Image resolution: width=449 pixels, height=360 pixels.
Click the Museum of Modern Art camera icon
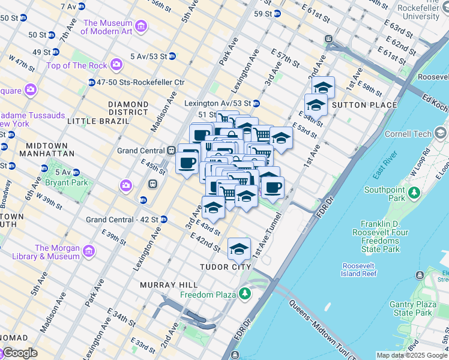click(141, 26)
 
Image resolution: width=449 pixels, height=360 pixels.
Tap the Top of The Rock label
click(76, 65)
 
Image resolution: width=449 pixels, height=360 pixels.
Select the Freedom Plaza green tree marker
click(244, 293)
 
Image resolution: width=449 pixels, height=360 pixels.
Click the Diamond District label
click(128, 108)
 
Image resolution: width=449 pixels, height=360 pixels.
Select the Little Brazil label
click(98, 121)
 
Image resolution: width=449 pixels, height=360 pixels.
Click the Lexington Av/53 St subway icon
click(256, 103)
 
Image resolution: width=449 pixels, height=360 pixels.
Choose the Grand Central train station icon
click(171, 150)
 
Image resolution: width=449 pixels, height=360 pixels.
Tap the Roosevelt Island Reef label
click(360, 269)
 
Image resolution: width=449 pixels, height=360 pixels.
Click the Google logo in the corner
click(20, 353)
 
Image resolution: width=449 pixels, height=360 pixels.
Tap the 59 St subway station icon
click(277, 14)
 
